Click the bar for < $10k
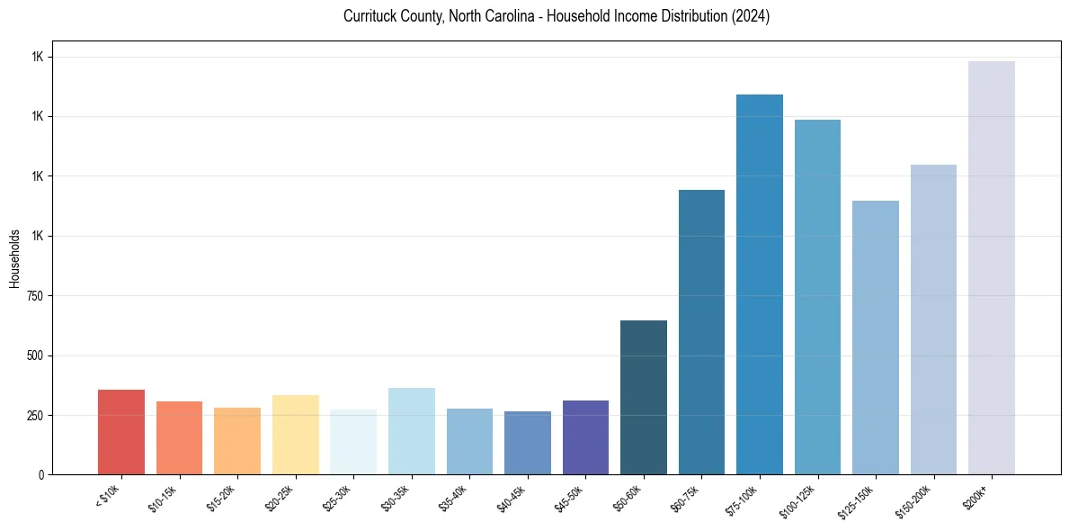click(121, 432)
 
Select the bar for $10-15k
click(179, 437)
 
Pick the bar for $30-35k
click(412, 431)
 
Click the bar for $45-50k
click(585, 437)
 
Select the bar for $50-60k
click(644, 397)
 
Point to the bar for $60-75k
click(701, 332)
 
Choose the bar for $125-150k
click(876, 337)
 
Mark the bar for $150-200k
click(933, 319)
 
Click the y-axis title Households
click(14, 258)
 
